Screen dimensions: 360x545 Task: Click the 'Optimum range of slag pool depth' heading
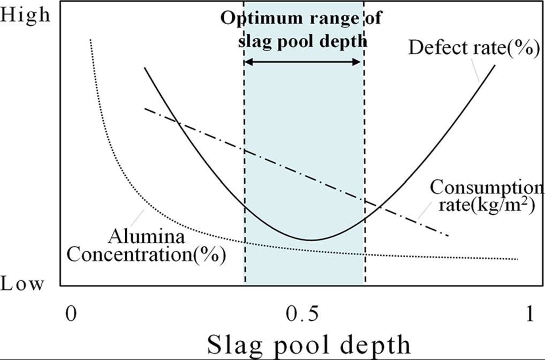coord(302,29)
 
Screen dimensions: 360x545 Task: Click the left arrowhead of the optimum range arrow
coord(247,62)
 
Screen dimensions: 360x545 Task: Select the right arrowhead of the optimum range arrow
coord(360,62)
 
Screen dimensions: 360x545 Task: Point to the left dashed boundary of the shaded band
coord(245,171)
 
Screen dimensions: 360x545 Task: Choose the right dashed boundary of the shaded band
coord(365,171)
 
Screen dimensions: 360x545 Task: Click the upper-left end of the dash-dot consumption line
coord(146,108)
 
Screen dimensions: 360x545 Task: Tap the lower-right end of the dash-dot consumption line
coord(448,236)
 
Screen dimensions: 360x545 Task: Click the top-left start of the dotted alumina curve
coord(90,40)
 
